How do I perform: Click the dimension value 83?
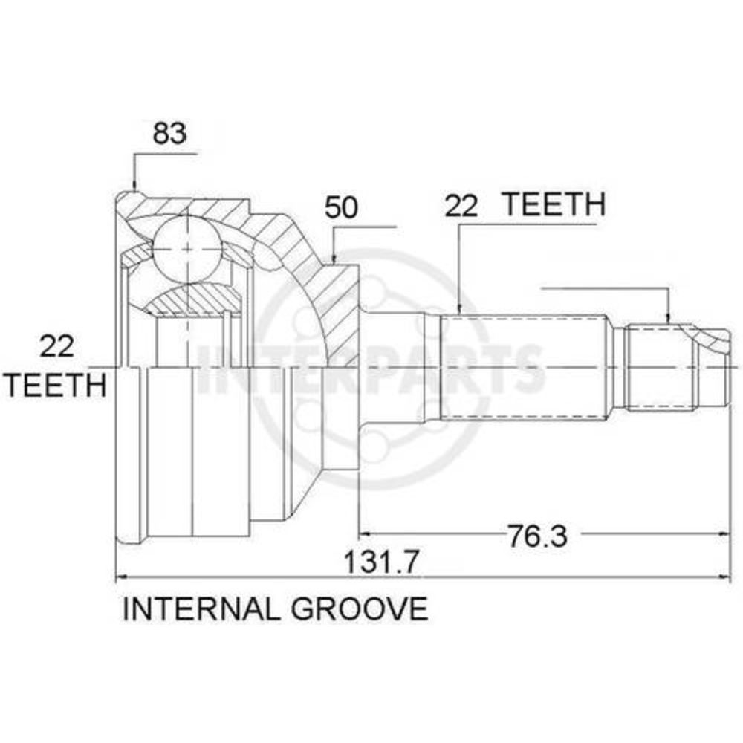(169, 133)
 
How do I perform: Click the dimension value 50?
(341, 208)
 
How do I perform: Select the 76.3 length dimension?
(537, 536)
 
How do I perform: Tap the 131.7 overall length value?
(381, 562)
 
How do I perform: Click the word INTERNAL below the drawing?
(200, 609)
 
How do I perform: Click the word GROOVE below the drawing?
(360, 609)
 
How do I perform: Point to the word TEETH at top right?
(554, 204)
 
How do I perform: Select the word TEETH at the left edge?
(56, 385)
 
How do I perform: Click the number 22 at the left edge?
(57, 346)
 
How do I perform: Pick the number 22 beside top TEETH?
(461, 207)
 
